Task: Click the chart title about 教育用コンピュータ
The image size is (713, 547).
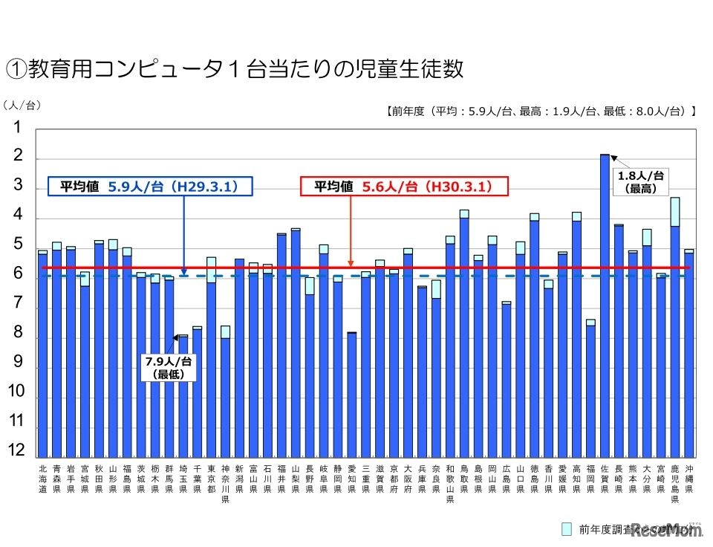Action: (235, 68)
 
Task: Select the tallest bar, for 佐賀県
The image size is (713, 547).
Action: (605, 305)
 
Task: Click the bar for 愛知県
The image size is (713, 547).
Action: (351, 394)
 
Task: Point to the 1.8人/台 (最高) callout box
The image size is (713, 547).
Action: (640, 181)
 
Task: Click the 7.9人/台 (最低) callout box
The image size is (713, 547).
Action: (169, 367)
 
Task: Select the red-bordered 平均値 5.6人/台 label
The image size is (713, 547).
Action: (403, 187)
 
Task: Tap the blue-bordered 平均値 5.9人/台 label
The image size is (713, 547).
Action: (151, 187)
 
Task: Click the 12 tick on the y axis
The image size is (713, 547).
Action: (16, 450)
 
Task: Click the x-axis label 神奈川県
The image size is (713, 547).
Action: (225, 484)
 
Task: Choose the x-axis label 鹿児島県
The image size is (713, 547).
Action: (674, 484)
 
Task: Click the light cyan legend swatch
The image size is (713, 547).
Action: (567, 528)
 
